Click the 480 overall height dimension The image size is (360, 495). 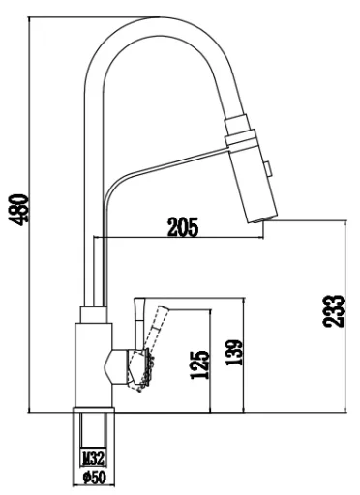19,210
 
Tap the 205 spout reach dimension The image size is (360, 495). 183,227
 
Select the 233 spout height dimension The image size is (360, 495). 334,311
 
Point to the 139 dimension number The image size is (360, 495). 233,353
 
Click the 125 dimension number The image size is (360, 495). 200,364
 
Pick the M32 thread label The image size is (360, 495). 93,458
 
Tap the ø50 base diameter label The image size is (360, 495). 94,478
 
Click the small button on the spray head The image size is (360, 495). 267,168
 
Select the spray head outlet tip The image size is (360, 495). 263,219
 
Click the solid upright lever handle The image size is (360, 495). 139,322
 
